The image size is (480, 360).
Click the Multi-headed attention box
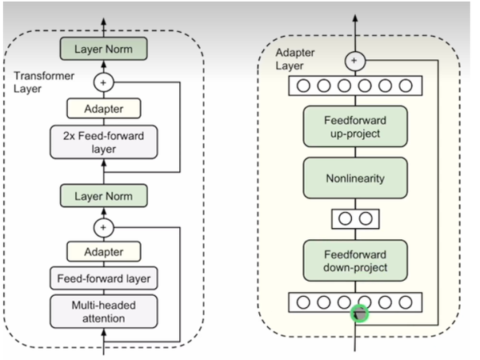(x=103, y=311)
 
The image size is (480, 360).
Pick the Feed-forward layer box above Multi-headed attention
(x=103, y=279)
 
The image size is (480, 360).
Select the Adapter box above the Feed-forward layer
(x=103, y=251)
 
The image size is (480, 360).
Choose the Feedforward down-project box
(x=355, y=260)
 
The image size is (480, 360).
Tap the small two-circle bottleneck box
(x=355, y=218)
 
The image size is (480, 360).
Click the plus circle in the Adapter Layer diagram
(x=355, y=60)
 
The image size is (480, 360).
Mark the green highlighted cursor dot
(x=361, y=314)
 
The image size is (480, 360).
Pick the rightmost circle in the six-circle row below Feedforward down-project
(x=406, y=302)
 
